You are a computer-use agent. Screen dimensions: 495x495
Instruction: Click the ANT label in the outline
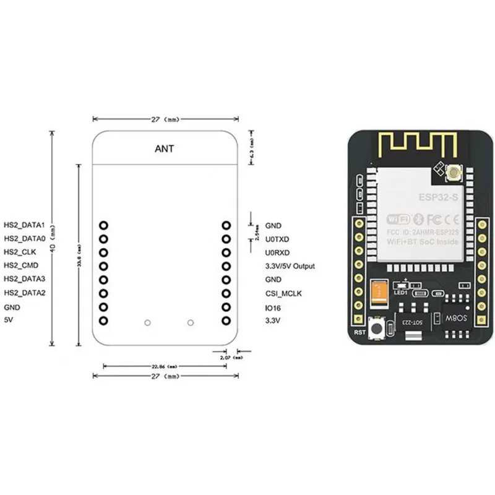pyautogui.click(x=165, y=148)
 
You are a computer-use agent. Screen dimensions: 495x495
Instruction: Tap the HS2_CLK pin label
pyautogui.click(x=20, y=252)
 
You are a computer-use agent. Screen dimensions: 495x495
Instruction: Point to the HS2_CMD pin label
pyautogui.click(x=21, y=265)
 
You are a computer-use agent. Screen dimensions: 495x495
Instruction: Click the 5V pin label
pyautogui.click(x=9, y=321)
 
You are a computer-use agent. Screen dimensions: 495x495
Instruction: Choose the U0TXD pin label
pyautogui.click(x=277, y=239)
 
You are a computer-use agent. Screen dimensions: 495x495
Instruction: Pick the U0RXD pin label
pyautogui.click(x=277, y=252)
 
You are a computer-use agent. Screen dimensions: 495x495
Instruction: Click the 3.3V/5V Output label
pyautogui.click(x=290, y=266)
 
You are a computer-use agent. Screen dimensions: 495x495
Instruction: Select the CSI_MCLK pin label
pyautogui.click(x=283, y=293)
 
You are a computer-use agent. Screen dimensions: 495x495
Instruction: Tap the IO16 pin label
pyautogui.click(x=273, y=307)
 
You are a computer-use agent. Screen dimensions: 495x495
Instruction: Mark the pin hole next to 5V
pyautogui.click(x=103, y=321)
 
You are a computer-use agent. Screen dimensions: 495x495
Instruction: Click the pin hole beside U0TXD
pyautogui.click(x=226, y=239)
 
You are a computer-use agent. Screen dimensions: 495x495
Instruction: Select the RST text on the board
pyautogui.click(x=360, y=332)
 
